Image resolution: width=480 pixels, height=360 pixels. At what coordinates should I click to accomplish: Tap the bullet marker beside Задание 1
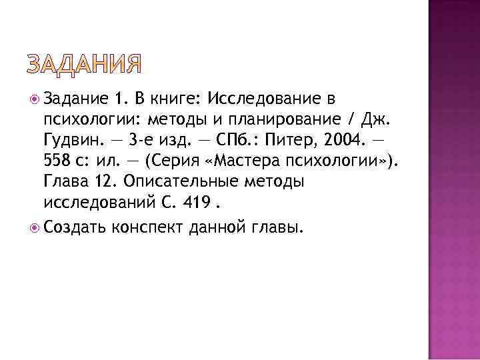[x=35, y=99]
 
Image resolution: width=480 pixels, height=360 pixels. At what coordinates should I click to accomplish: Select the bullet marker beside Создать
[x=35, y=227]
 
